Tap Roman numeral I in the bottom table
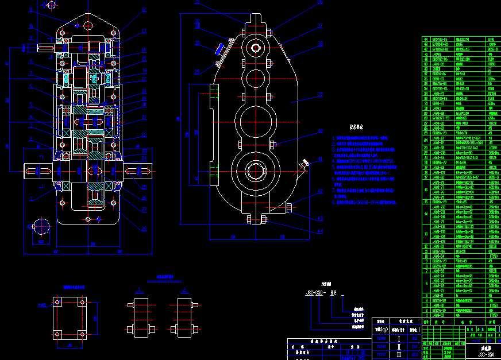(396, 331)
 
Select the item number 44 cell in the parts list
(425, 38)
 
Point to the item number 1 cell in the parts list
(425, 315)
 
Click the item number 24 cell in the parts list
(425, 138)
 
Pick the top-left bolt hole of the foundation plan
(57, 301)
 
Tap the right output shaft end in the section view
(140, 171)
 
